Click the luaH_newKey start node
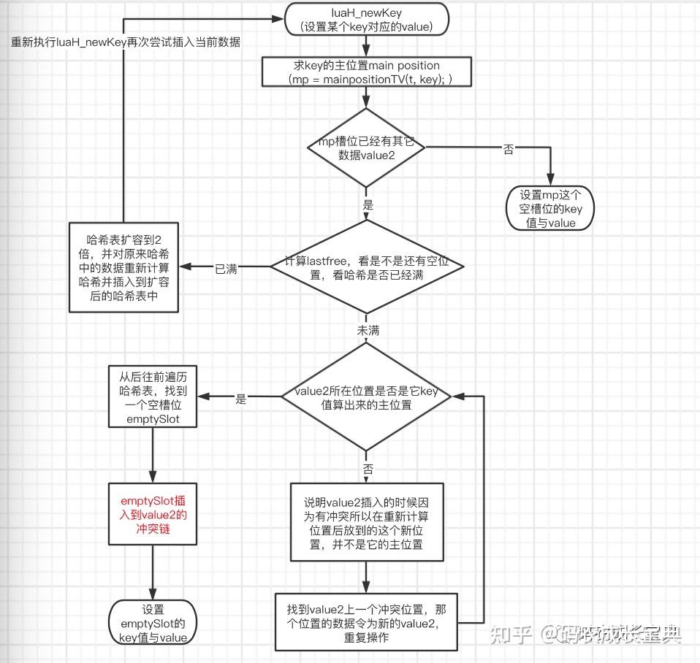(365, 20)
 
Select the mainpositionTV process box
(366, 72)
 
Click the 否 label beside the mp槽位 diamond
(508, 149)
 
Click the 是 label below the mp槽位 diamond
(368, 206)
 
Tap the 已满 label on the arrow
(225, 268)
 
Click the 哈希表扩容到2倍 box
(123, 267)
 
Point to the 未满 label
(368, 331)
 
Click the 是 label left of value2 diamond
(241, 399)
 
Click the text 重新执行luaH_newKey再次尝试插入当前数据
(126, 42)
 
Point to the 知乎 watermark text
(510, 633)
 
